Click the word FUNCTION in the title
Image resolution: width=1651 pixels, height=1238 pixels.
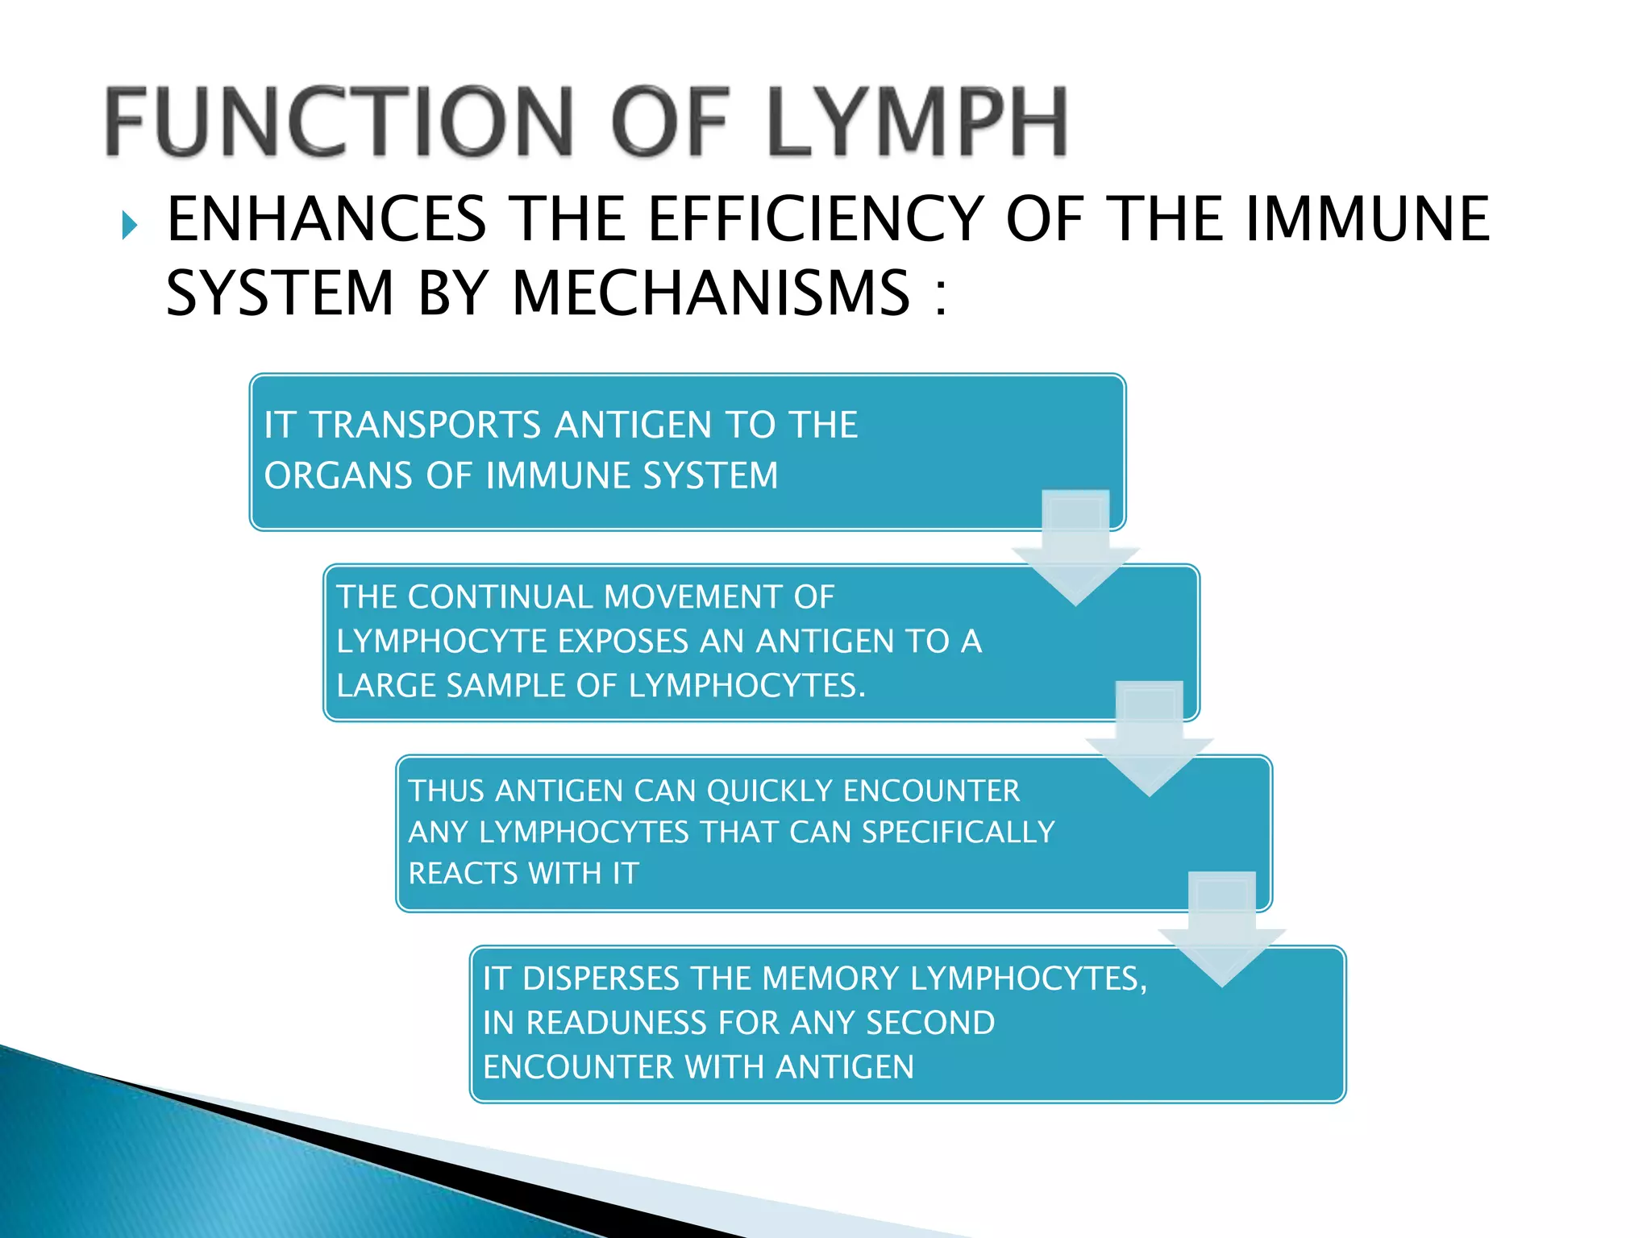click(339, 123)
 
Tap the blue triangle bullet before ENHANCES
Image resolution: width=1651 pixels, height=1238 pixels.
click(130, 225)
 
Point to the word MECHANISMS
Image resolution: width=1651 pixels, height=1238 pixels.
click(711, 293)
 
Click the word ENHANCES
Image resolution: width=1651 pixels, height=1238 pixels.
click(326, 219)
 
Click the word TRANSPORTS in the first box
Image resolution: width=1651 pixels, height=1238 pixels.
click(426, 425)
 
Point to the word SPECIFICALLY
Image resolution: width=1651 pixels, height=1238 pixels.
click(958, 832)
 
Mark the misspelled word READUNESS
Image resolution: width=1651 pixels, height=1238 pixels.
click(618, 1023)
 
